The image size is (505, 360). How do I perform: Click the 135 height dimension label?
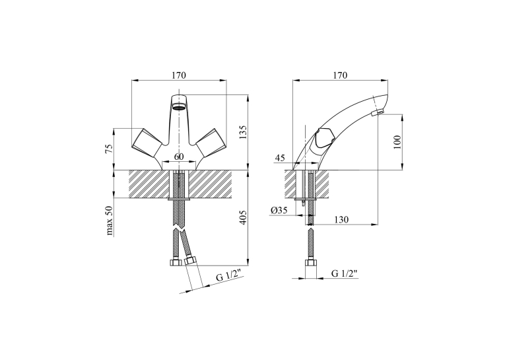[x=243, y=132]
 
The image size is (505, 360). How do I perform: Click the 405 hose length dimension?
[x=243, y=217]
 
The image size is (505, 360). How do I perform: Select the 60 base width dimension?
[x=179, y=157]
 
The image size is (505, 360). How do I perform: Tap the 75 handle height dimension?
[x=110, y=148]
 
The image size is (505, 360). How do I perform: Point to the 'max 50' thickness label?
[x=110, y=221]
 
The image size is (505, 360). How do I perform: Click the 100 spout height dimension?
[x=398, y=142]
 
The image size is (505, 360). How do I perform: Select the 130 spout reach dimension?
[x=341, y=220]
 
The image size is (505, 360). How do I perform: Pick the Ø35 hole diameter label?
[x=279, y=211]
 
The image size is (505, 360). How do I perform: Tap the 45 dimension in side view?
[x=280, y=159]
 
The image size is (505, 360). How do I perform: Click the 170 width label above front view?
[x=179, y=75]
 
